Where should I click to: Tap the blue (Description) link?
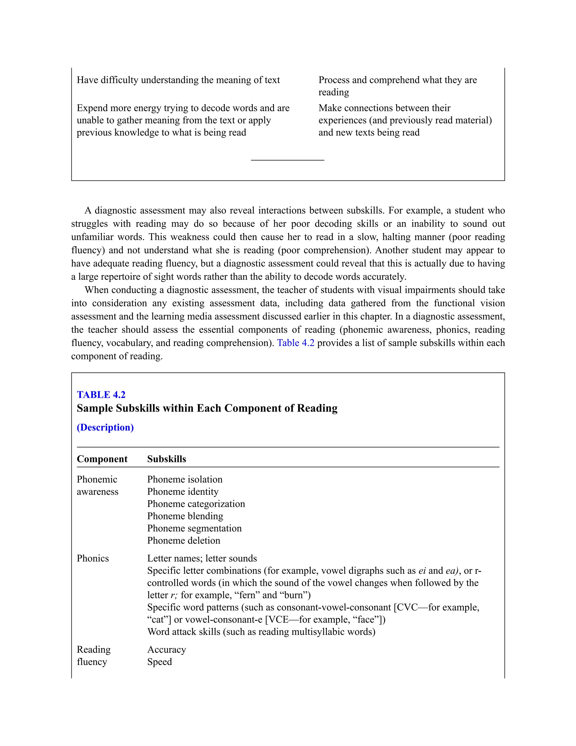105,427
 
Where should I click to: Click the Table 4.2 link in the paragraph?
296,343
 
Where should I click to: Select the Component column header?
102,459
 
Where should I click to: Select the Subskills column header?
166,459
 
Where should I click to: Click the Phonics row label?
93,558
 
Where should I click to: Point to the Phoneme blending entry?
185,516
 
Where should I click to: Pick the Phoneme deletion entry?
184,540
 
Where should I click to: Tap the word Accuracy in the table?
166,649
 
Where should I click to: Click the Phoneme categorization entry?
196,504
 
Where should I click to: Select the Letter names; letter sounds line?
202,558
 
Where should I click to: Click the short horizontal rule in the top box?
287,160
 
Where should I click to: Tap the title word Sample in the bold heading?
95,408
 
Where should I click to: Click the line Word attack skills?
261,632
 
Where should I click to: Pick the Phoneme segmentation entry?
194,528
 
